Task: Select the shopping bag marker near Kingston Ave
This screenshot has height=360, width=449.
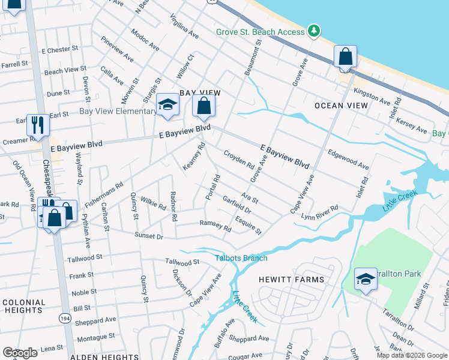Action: pyautogui.click(x=345, y=58)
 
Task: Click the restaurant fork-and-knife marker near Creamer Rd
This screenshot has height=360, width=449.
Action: pyautogui.click(x=38, y=125)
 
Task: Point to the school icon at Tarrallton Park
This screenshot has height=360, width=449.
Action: pyautogui.click(x=365, y=279)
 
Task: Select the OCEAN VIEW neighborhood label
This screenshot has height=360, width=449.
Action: pyautogui.click(x=341, y=106)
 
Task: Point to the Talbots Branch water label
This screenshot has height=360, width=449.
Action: pyautogui.click(x=241, y=258)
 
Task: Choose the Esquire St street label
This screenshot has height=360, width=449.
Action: pyautogui.click(x=249, y=225)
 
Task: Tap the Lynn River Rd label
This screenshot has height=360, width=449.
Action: pyautogui.click(x=320, y=212)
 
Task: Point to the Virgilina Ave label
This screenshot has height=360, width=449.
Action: pyautogui.click(x=184, y=26)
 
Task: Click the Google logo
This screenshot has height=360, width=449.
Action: pyautogui.click(x=20, y=353)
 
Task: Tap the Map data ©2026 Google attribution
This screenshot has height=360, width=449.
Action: pyautogui.click(x=411, y=355)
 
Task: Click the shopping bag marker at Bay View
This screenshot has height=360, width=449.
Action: pyautogui.click(x=204, y=107)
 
